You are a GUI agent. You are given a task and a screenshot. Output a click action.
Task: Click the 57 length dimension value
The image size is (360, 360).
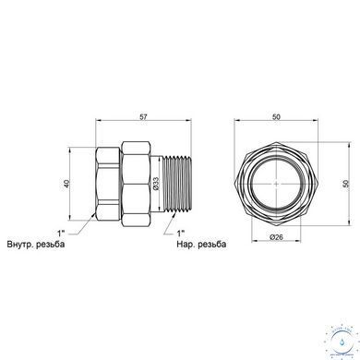pos(143,117)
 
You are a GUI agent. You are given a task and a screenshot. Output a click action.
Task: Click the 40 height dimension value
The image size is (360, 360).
pos(66,184)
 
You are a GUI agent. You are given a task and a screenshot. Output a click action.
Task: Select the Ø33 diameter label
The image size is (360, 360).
pos(156,184)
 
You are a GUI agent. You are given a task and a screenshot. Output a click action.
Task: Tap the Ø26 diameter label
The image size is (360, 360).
pos(276,237)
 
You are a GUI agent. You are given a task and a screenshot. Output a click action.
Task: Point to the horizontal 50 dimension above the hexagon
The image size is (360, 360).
pos(276,117)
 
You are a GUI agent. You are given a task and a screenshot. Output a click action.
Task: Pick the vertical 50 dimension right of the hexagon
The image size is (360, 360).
pos(346,184)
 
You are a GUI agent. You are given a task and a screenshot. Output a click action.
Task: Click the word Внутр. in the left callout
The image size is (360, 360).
pos(19,245)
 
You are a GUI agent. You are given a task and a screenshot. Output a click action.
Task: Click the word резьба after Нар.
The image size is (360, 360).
pos(212,245)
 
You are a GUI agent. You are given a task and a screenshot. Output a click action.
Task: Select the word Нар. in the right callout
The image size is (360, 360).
pos(186,245)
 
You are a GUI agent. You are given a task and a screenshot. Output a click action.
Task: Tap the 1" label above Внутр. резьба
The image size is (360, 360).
pos(61,233)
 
